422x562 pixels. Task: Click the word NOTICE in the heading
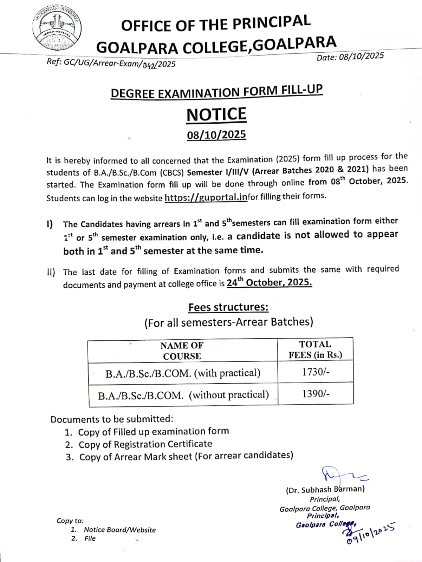tap(216, 115)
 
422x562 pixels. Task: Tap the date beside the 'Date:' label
tap(362, 57)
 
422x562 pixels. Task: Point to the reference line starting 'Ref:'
tap(111, 63)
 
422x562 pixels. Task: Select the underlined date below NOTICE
tap(216, 135)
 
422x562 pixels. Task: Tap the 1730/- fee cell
tap(316, 372)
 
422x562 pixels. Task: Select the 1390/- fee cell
tap(316, 394)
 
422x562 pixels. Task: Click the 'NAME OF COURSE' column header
tap(182, 351)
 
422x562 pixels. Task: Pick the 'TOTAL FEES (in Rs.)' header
tap(315, 349)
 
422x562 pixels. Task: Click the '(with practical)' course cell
tap(183, 373)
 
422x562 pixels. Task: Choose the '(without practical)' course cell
tap(183, 395)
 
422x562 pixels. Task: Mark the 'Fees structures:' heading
tap(228, 307)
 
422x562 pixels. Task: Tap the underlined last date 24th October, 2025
tap(269, 282)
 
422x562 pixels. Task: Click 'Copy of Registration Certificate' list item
tap(145, 444)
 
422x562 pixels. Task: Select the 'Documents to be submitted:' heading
tap(112, 419)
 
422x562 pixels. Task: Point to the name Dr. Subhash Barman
tap(325, 489)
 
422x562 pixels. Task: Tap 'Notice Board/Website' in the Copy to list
tap(119, 530)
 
